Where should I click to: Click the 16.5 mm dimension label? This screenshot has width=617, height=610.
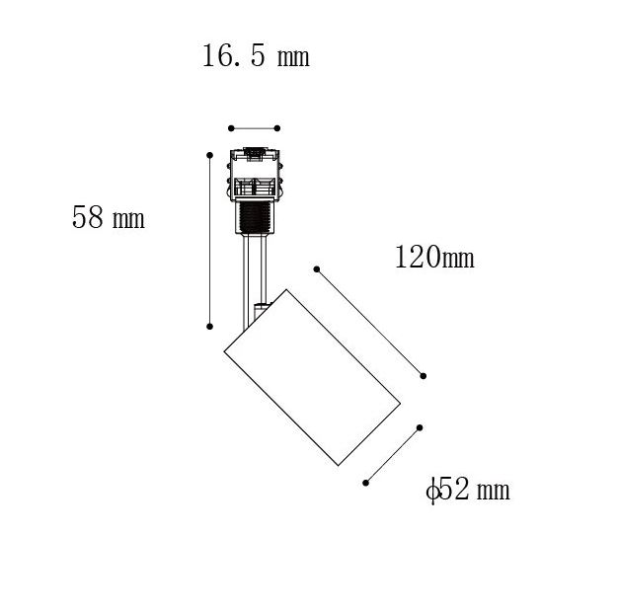pyautogui.click(x=256, y=56)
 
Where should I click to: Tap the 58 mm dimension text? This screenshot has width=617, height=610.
pyautogui.click(x=109, y=217)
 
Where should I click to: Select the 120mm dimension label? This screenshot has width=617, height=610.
pyautogui.click(x=434, y=257)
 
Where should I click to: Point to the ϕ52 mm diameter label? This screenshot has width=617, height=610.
pyautogui.click(x=468, y=490)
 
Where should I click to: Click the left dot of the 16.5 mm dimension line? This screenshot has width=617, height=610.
pyautogui.click(x=231, y=128)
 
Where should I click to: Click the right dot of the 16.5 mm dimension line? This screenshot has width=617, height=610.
pyautogui.click(x=277, y=128)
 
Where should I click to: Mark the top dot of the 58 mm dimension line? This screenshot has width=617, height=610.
pyautogui.click(x=209, y=155)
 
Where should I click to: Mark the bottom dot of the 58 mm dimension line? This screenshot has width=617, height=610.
pyautogui.click(x=209, y=327)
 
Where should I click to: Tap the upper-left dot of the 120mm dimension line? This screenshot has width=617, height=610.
pyautogui.click(x=317, y=269)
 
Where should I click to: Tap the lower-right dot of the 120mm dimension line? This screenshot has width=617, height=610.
pyautogui.click(x=423, y=376)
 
